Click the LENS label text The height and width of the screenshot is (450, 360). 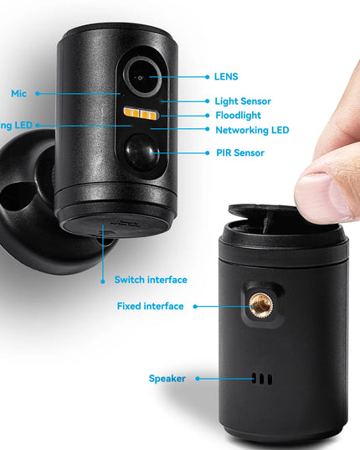click(226, 76)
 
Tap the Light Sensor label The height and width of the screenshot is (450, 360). click(243, 101)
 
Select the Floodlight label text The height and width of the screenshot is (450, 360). click(238, 115)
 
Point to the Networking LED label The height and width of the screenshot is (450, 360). click(252, 130)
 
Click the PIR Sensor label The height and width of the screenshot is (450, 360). click(239, 153)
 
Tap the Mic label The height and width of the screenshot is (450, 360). click(18, 93)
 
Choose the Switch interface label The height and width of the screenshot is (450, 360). click(151, 279)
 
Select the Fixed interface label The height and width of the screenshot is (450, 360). click(150, 306)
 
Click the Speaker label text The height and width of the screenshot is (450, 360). click(167, 378)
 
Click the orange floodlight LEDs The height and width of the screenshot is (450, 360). click(139, 114)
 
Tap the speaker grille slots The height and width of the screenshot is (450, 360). click(263, 379)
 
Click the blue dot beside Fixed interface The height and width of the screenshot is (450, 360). click(195, 306)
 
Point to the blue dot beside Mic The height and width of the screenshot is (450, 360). click(37, 93)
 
